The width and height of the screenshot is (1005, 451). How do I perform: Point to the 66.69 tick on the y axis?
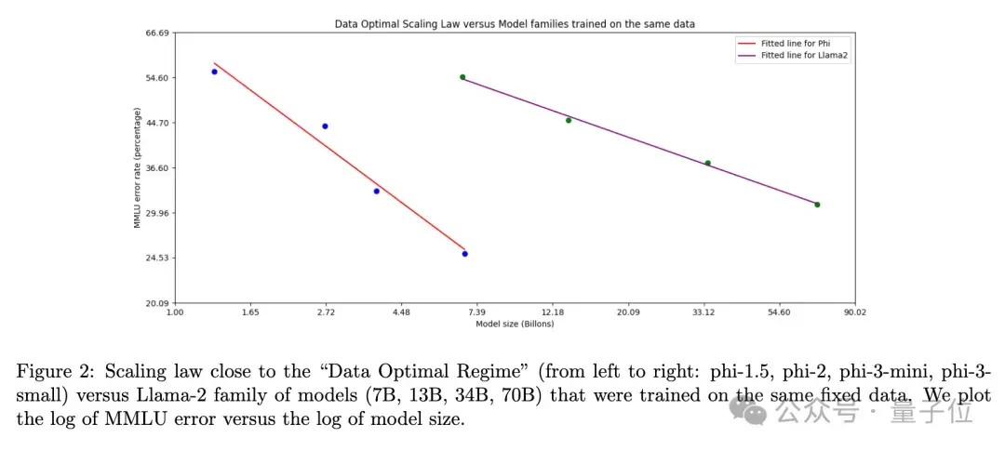156,33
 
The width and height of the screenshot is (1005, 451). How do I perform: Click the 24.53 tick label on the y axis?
156,258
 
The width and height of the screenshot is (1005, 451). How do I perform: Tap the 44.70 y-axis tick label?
156,123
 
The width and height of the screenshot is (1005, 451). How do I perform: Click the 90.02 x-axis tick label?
854,312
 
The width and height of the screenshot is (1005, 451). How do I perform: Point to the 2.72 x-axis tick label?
326,312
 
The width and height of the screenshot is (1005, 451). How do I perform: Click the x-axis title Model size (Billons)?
515,324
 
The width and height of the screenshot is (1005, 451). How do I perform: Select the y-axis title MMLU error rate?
137,168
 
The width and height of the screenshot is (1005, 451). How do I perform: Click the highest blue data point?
214,72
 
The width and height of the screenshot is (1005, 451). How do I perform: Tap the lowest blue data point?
464,254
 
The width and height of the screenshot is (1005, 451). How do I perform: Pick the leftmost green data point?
462,77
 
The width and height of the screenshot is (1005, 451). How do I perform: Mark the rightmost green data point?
817,205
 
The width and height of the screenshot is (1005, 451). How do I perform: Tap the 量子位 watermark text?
941,408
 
